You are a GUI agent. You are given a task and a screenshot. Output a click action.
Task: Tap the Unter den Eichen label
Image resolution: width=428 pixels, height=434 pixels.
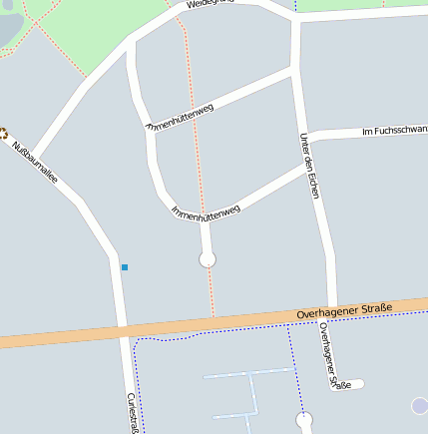(309, 166)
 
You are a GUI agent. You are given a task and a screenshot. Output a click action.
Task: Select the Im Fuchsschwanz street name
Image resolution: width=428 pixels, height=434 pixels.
(394, 130)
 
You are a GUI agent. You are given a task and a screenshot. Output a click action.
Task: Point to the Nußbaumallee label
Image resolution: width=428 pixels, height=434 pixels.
(35, 162)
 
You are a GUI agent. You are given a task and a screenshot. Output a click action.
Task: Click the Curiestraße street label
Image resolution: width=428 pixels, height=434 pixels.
(132, 413)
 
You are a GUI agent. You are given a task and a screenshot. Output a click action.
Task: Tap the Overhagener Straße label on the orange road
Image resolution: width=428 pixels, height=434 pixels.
(344, 311)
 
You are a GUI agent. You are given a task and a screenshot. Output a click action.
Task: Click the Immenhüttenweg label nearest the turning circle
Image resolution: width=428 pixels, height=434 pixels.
(207, 213)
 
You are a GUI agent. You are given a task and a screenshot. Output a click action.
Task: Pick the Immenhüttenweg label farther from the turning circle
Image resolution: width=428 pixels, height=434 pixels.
(181, 118)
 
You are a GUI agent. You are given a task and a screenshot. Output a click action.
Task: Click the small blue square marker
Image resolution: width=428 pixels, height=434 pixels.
(125, 267)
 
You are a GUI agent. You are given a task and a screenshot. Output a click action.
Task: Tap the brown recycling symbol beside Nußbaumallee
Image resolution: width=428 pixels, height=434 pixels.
(3, 133)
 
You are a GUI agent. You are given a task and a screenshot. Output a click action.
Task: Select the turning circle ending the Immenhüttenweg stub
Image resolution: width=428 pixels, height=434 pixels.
(208, 259)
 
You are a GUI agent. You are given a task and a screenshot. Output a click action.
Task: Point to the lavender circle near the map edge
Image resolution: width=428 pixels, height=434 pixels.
(421, 406)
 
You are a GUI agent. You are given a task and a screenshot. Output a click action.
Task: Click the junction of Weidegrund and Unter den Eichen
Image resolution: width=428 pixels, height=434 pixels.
(296, 17)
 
